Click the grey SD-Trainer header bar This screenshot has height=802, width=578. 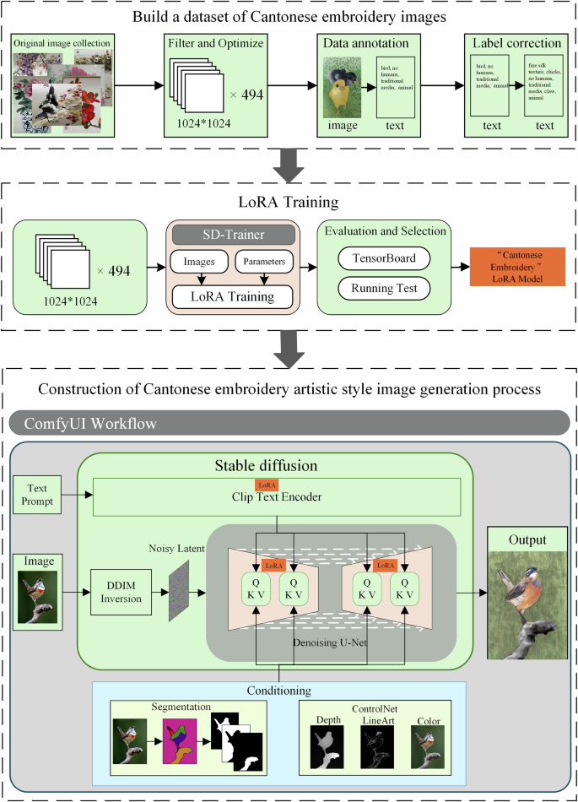coord(233,234)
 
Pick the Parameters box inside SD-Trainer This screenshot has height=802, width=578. coord(264,262)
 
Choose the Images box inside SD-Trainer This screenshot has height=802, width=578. coord(199,262)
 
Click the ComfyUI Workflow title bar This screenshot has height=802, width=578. coord(289,423)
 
